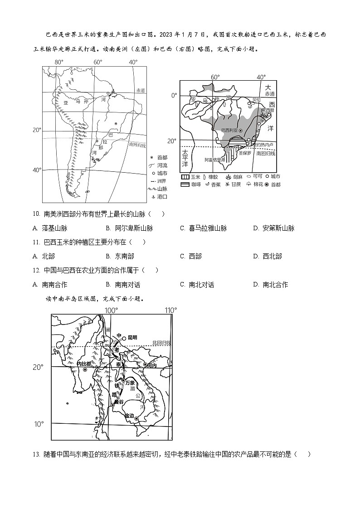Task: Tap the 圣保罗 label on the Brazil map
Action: click(245, 153)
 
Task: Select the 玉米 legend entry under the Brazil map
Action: click(192, 176)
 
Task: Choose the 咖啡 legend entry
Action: click(192, 184)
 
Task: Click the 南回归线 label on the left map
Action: click(137, 145)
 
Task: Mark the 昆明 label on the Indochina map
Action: click(132, 337)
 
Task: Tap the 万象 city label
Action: click(130, 383)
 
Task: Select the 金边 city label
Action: click(130, 416)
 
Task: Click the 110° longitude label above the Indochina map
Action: click(170, 310)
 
